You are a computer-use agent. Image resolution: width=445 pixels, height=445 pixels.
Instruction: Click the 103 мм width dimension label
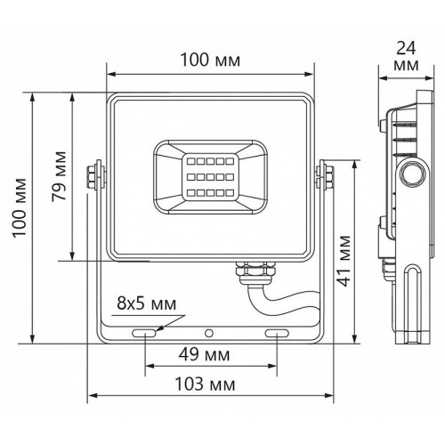(206, 384)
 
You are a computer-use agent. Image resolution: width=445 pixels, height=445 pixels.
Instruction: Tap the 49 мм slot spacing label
(205, 354)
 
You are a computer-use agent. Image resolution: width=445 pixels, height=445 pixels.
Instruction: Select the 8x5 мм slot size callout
(147, 303)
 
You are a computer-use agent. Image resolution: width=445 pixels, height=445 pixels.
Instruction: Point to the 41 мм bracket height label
(344, 261)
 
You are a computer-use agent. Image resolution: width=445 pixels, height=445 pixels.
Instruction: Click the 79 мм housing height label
(59, 176)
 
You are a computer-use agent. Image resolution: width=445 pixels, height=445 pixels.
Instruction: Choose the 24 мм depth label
(407, 56)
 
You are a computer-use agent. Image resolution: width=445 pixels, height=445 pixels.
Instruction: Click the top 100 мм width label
(210, 60)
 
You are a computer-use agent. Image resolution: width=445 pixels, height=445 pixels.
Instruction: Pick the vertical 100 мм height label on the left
(20, 207)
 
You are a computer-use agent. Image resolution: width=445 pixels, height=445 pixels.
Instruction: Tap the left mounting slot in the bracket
(144, 333)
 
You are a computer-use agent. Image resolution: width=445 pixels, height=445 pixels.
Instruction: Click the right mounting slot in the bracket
(277, 333)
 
